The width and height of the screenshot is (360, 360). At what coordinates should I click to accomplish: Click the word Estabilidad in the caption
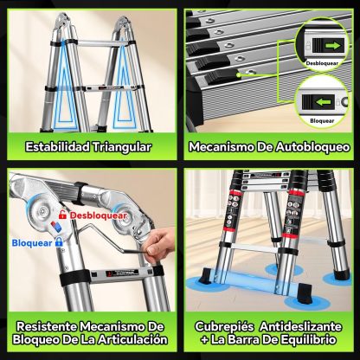[57, 147]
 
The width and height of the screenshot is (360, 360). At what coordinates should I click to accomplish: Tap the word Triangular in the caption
[122, 147]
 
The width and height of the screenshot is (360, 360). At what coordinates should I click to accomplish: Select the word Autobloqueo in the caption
[312, 147]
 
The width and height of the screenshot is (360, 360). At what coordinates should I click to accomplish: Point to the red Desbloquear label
[98, 215]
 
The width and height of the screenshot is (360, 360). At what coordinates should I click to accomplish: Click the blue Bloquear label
[32, 243]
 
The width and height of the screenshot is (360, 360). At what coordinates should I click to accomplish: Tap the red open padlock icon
[62, 215]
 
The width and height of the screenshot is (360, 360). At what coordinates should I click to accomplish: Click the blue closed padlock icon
[59, 241]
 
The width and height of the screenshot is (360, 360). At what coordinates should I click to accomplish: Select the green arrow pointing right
[332, 46]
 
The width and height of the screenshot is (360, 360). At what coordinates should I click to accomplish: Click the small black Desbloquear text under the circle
[322, 63]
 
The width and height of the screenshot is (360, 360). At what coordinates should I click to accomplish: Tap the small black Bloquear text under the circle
[322, 121]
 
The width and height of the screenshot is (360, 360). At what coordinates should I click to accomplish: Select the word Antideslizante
[300, 326]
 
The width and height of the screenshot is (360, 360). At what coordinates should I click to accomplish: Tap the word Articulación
[132, 339]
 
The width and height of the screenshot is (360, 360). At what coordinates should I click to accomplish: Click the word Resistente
[47, 326]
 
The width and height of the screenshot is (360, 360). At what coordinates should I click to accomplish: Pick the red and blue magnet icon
[56, 227]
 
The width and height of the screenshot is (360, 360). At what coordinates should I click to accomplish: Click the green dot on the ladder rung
[238, 74]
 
